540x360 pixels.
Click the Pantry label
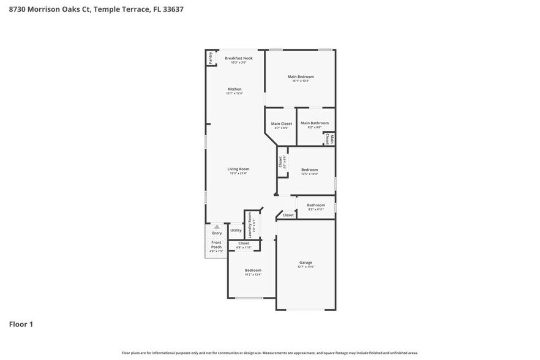(211, 58)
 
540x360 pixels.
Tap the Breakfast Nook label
(238, 58)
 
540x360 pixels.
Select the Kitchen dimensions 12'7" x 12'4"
(234, 94)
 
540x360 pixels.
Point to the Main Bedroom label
(301, 77)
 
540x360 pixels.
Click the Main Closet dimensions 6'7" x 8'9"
(282, 127)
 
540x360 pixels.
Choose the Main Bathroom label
(315, 123)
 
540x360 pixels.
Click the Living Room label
(239, 169)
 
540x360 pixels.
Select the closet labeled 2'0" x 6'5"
(282, 162)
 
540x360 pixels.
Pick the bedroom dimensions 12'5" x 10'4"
(309, 174)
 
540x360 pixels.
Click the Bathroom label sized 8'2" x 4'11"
(316, 205)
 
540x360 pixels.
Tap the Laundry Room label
(250, 225)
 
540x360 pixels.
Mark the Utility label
(236, 231)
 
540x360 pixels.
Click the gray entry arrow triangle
(216, 227)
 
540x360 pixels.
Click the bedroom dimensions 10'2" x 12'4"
(253, 274)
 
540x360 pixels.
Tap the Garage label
(306, 263)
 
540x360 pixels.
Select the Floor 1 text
(21, 324)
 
